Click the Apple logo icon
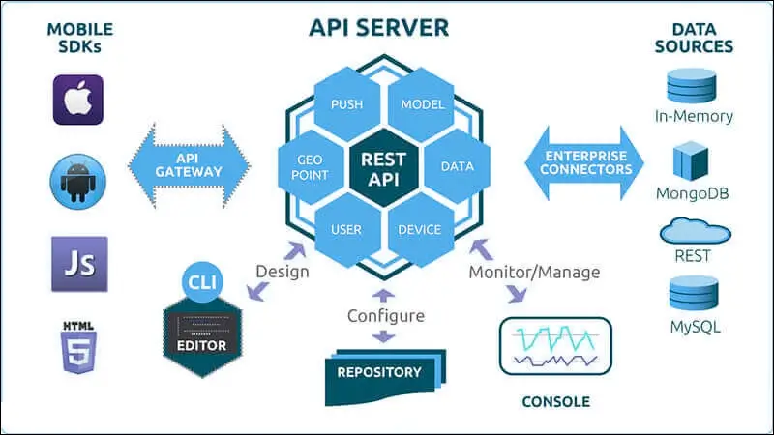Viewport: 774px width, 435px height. (x=78, y=100)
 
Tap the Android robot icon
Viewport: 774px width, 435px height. (x=78, y=181)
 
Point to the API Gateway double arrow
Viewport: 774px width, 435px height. (x=188, y=164)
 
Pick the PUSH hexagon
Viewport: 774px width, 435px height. (x=346, y=103)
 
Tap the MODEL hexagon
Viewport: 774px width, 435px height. (x=422, y=103)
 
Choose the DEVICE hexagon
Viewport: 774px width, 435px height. (x=420, y=229)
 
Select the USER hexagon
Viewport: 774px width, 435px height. (x=346, y=229)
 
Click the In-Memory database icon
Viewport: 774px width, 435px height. (x=693, y=86)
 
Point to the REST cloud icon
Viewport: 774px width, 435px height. (x=693, y=232)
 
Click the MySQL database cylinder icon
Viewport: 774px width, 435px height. (x=693, y=295)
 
